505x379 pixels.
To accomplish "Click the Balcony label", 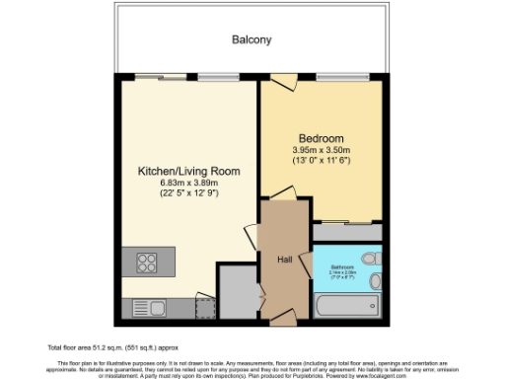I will point(252,40).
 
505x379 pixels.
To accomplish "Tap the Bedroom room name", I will point(321,137).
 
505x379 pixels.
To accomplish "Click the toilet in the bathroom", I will point(369,259).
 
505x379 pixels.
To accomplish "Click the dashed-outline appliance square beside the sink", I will point(205,308).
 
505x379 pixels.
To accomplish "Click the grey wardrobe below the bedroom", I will point(346,233).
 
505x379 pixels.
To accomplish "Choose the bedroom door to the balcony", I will point(281,82).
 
